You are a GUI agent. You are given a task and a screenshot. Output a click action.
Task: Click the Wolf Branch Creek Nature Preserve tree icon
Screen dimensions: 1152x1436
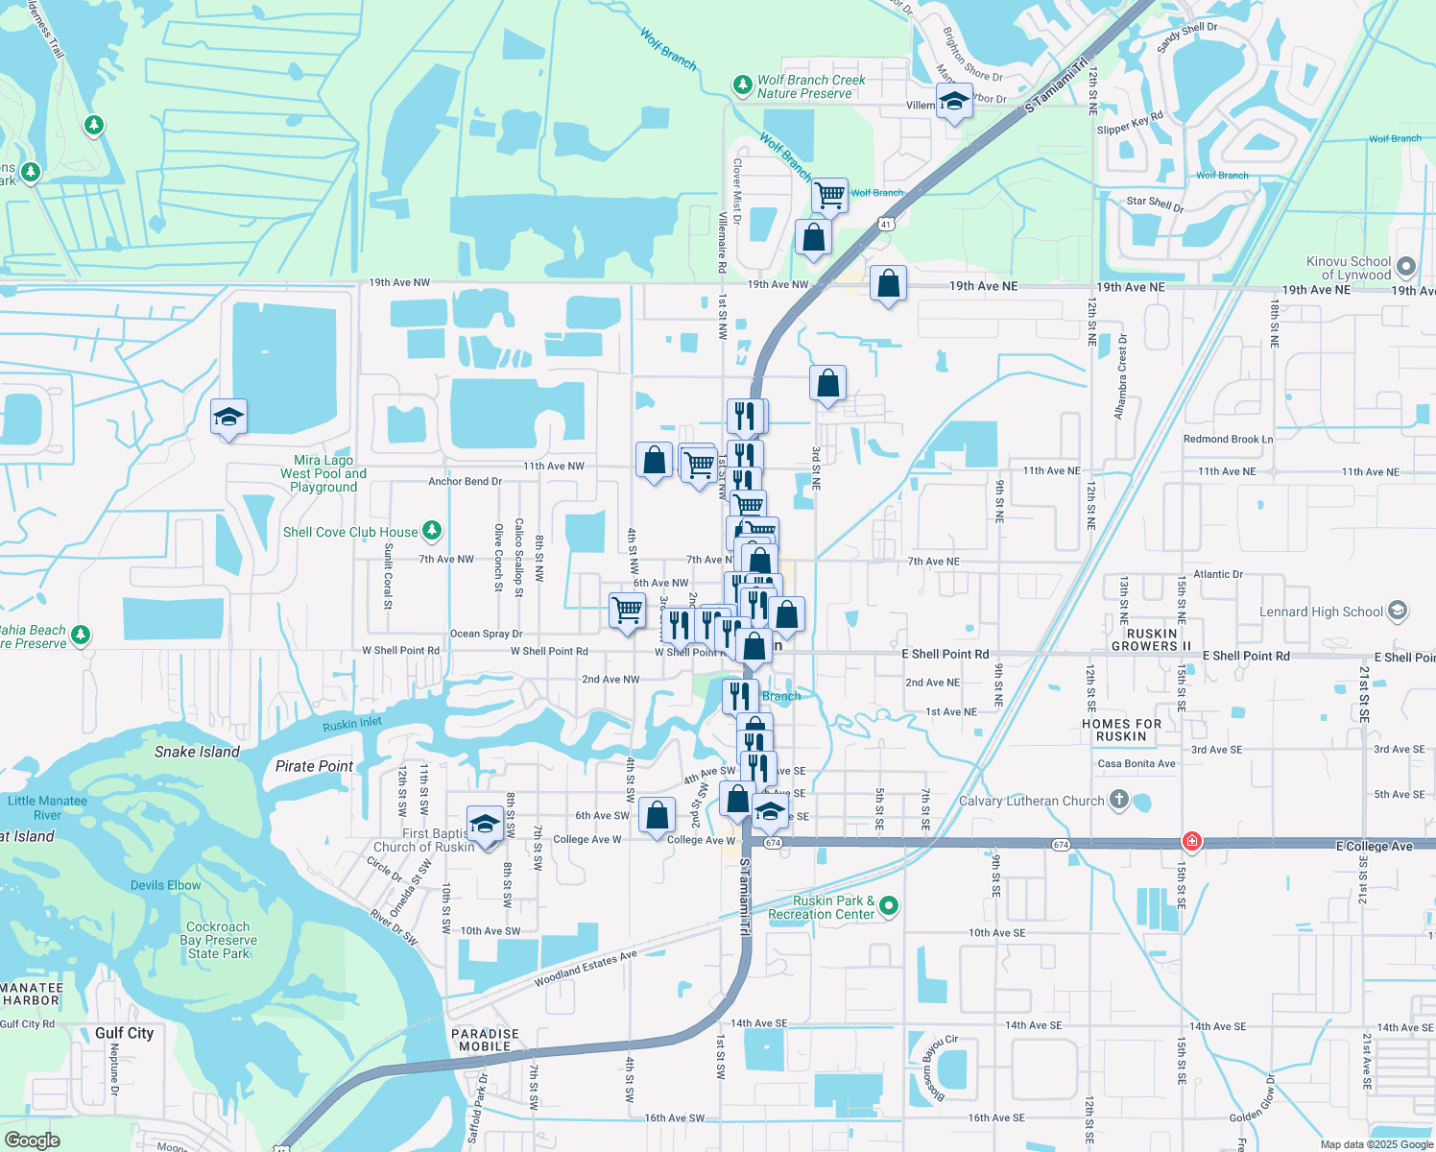coord(742,85)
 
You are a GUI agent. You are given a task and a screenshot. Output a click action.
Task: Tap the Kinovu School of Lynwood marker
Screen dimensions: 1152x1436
coord(1406,267)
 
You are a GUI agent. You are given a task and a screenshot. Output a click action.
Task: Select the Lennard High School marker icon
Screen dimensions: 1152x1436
coord(1398,611)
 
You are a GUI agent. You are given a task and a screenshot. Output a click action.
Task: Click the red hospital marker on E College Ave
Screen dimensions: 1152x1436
coord(1191,841)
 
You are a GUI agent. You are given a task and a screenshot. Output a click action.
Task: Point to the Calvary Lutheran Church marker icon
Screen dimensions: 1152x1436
coord(1118,800)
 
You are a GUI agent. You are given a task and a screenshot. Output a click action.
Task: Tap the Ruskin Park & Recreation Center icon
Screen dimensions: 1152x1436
coord(889,905)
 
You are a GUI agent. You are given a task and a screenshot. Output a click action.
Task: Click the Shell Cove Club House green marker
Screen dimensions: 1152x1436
coord(432,530)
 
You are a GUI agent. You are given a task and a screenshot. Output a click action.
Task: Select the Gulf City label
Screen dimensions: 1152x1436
coord(124,1033)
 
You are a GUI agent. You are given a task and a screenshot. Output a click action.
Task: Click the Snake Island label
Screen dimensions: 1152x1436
coord(197,752)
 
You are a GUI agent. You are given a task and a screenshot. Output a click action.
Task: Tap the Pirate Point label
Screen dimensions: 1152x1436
coord(314,766)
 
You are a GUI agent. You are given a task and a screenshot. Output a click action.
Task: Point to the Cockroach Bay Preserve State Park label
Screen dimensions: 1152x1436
coord(218,940)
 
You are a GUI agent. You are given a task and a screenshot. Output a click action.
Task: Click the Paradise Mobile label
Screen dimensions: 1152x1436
coord(485,1040)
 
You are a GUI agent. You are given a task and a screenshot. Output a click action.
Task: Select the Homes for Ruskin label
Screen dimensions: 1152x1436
coord(1121,730)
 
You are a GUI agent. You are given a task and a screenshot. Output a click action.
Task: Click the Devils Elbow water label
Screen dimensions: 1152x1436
coord(166,885)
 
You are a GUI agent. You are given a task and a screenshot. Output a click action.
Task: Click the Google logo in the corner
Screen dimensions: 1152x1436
coord(32,1140)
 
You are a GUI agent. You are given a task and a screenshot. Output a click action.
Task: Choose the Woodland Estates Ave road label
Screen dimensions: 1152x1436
coord(586,969)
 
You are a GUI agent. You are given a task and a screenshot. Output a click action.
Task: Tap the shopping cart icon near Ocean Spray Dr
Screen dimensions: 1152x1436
coord(628,610)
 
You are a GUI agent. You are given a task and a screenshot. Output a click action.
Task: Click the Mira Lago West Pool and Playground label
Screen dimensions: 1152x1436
coord(323,473)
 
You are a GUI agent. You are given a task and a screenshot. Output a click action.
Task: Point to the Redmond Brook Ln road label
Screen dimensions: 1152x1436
coord(1228,439)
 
